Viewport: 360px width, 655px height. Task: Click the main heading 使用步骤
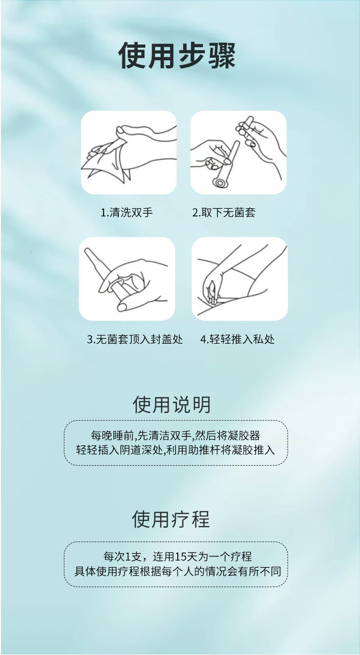coord(177,55)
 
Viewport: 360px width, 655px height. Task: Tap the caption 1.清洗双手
coord(126,213)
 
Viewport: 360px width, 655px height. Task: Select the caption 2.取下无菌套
coord(224,213)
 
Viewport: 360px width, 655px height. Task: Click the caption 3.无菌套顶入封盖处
coord(135,339)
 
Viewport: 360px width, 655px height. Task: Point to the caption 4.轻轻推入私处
coord(238,339)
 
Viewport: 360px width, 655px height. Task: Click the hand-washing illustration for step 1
coord(129,153)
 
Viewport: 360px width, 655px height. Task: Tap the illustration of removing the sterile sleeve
coord(238,153)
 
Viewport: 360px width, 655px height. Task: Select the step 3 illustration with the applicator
coord(127,278)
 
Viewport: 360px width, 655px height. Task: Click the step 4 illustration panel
coord(240,278)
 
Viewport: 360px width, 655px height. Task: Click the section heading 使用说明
coord(171,405)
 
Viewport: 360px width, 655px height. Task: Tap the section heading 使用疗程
coord(171,519)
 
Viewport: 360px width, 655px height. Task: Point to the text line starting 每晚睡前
coord(175,435)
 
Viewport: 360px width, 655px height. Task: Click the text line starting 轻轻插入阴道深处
coord(175,450)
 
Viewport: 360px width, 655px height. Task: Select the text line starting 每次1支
coord(177,556)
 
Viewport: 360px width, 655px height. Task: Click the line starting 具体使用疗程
coord(177,571)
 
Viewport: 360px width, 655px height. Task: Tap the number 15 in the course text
coord(180,557)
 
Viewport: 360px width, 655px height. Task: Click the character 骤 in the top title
coord(221,55)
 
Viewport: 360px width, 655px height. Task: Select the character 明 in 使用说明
coord(202,405)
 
